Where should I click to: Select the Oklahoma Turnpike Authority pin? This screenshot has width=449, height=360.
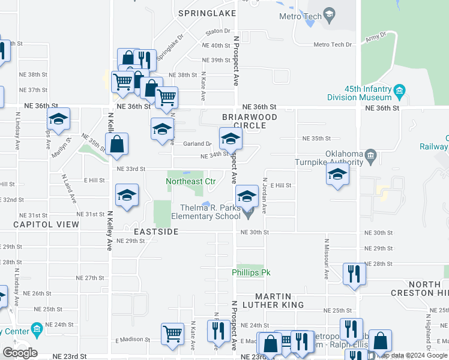(x=370, y=158)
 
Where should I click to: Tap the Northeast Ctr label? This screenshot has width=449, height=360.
(x=190, y=181)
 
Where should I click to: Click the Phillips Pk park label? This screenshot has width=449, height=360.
(x=252, y=272)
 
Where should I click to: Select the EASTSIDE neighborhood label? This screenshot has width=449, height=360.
(x=152, y=231)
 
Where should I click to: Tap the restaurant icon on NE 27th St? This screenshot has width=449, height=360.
(x=354, y=274)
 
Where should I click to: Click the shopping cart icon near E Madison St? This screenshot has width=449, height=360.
(x=172, y=334)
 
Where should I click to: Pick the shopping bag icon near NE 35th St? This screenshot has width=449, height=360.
(x=117, y=144)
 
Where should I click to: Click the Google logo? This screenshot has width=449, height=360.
(x=20, y=352)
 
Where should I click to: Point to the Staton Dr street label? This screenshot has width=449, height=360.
(x=218, y=31)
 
